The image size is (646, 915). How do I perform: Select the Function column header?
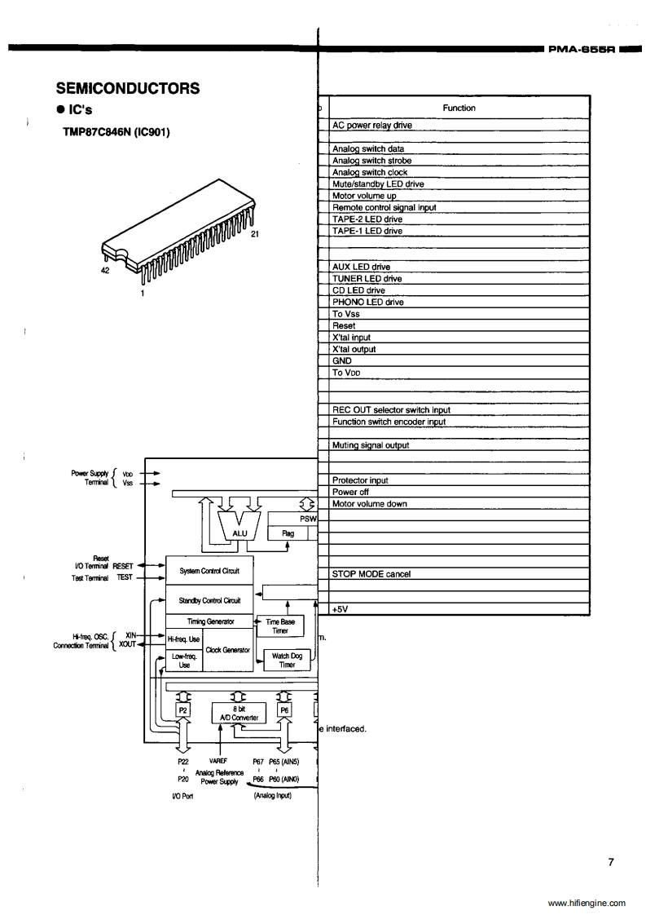coord(459,108)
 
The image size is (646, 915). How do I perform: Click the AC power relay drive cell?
coord(372,126)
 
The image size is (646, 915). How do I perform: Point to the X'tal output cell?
coord(354,349)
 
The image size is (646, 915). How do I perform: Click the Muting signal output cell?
coord(371,445)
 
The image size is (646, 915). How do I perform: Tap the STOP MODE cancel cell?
coord(371,574)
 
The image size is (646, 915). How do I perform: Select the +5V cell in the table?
coord(341,609)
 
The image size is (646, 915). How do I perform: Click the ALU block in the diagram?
coord(240,533)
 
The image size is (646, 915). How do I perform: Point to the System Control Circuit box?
coord(209,568)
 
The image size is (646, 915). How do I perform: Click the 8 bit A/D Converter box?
coord(234,714)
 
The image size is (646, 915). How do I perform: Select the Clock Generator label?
coord(227,649)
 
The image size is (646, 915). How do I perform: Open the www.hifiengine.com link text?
coord(587,903)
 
